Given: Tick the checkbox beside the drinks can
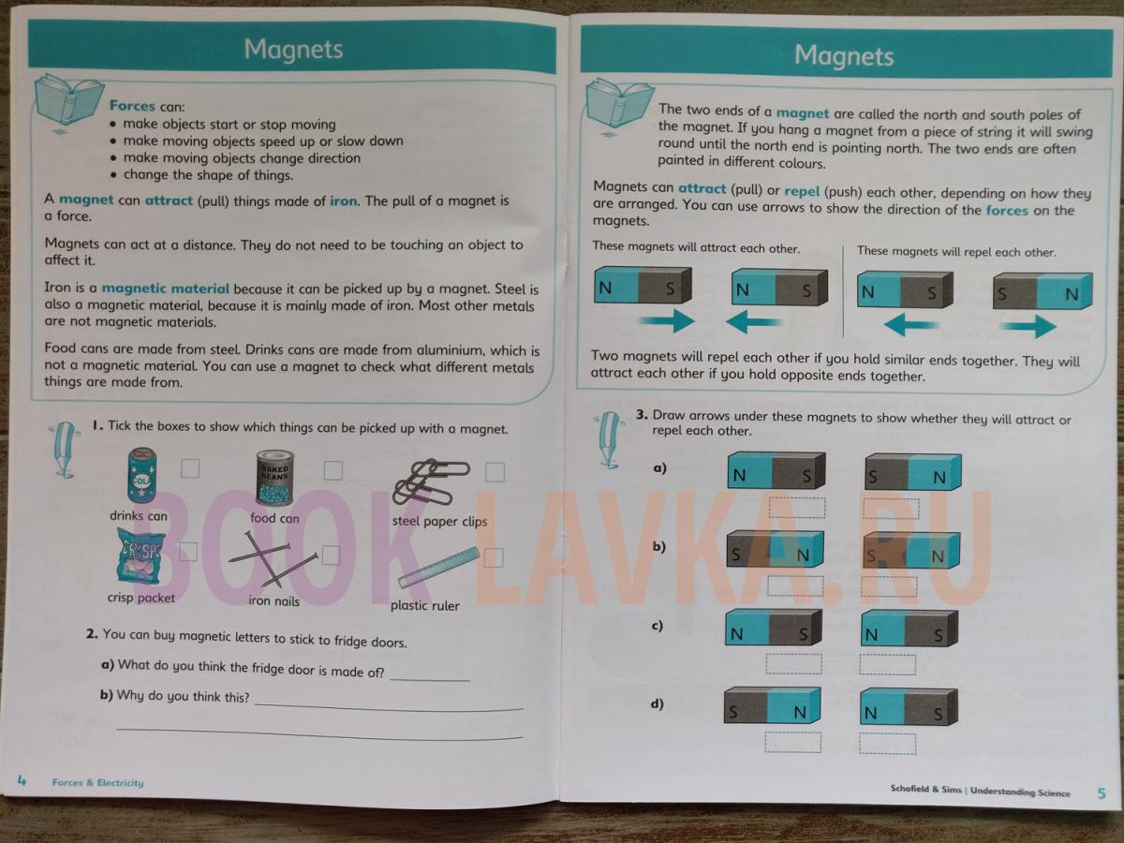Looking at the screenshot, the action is [190, 467].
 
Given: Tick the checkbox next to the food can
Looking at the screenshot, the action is [333, 470].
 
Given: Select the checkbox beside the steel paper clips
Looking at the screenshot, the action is [495, 472].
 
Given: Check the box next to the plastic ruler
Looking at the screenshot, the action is [493, 557].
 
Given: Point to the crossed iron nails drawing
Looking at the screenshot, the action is [273, 559].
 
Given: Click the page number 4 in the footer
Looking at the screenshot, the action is [22, 780].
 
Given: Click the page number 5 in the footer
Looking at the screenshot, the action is [1102, 793].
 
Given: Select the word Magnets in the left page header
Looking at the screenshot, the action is [293, 49].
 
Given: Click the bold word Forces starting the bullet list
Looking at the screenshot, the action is [132, 106].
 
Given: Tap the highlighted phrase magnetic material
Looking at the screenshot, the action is [166, 288].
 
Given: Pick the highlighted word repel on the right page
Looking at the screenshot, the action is [802, 191].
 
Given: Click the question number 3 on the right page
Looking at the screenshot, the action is [643, 414].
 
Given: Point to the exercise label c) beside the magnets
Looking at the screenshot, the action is [657, 626].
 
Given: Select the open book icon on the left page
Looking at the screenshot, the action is [68, 100].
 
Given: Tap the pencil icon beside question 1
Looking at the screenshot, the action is [66, 450].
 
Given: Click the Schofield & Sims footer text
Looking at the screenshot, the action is [925, 790].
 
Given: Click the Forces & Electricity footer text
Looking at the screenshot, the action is [97, 783].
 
